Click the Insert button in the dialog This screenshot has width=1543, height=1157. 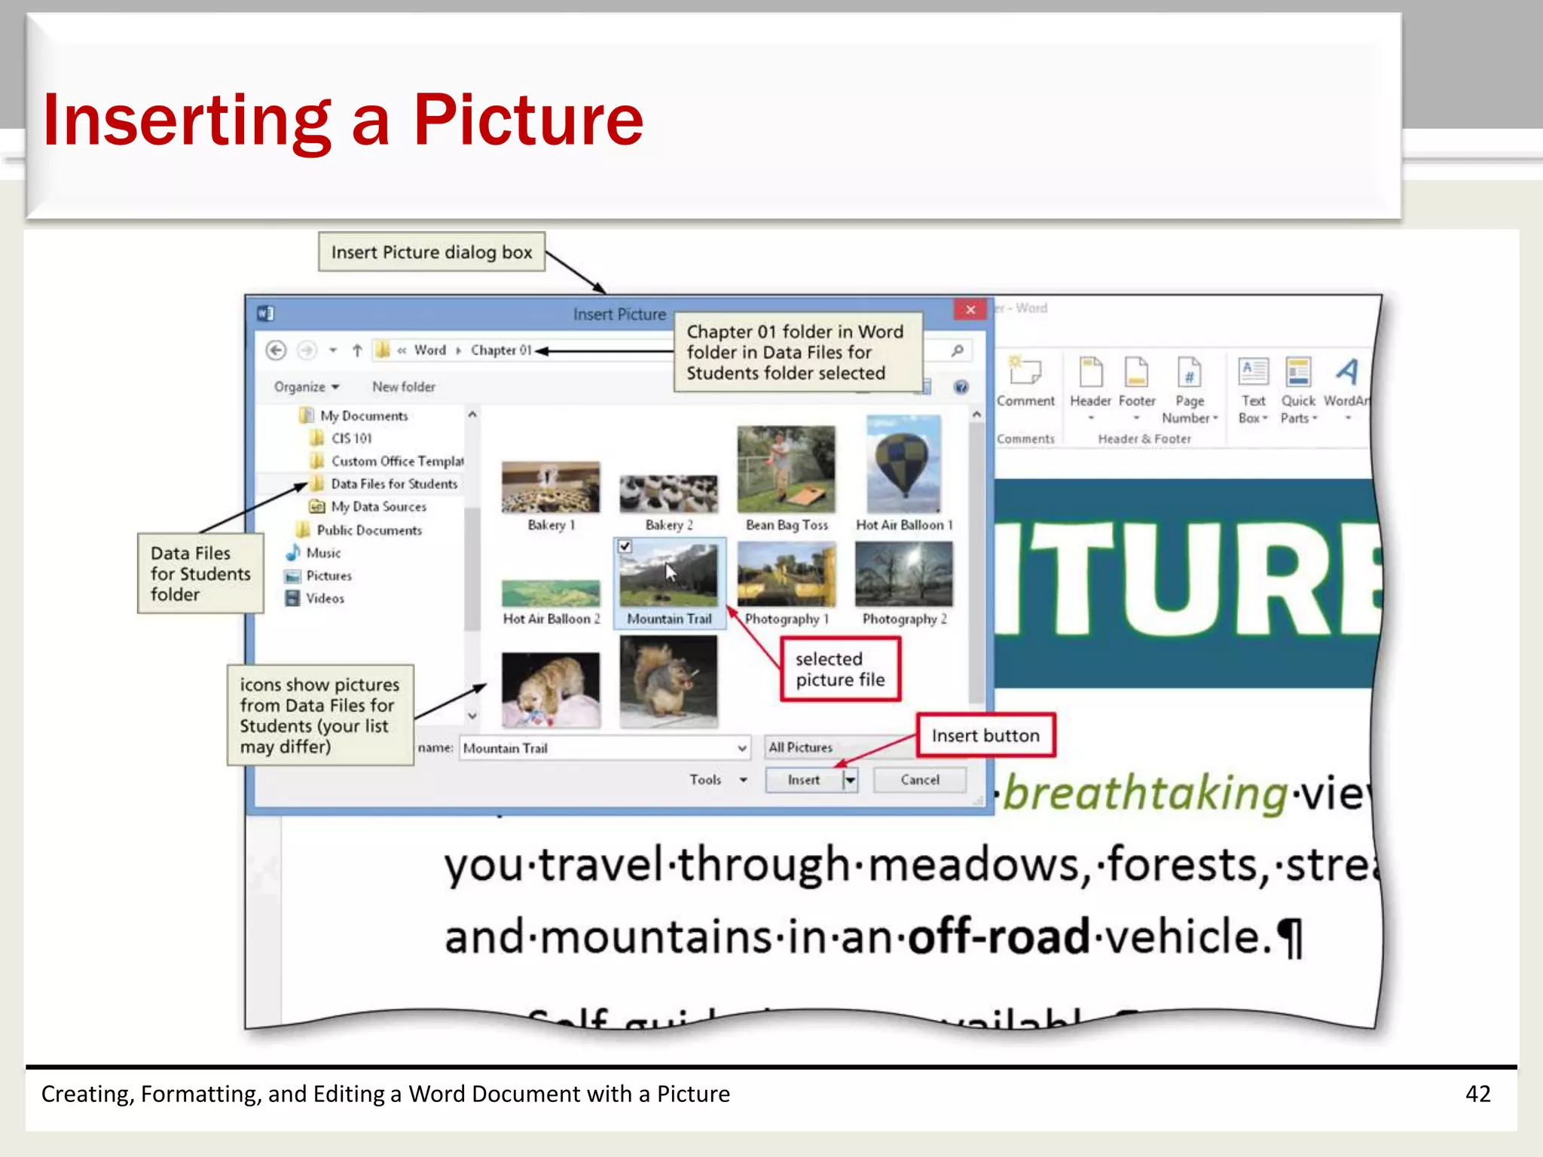[x=803, y=780]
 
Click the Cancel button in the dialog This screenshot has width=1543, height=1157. [x=919, y=780]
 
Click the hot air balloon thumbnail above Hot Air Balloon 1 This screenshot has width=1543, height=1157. [x=903, y=464]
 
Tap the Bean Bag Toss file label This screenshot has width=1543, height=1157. [x=787, y=525]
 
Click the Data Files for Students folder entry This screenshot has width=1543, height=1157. [x=393, y=484]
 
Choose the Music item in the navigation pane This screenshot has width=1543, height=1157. [x=323, y=553]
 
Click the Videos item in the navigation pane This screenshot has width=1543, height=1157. [x=325, y=598]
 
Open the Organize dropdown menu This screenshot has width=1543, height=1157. [x=307, y=386]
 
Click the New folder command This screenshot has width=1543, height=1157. [x=403, y=386]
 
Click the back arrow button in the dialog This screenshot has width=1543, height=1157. [x=277, y=350]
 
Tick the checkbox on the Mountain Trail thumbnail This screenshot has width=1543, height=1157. [x=625, y=547]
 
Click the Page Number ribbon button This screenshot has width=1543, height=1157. [x=1189, y=390]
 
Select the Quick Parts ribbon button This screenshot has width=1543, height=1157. [x=1298, y=390]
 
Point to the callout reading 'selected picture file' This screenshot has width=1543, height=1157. [x=840, y=669]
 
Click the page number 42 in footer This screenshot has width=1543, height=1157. [x=1477, y=1094]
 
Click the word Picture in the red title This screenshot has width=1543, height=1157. [x=528, y=121]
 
